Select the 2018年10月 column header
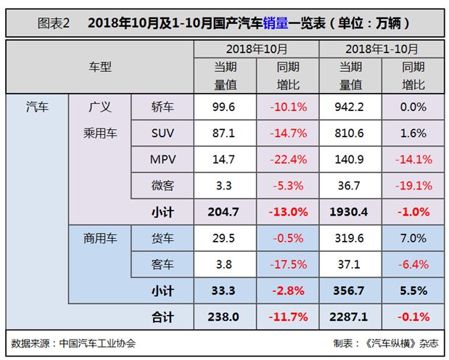[x=256, y=49]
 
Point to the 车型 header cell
[x=100, y=67]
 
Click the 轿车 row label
[x=162, y=107]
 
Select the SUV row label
[x=162, y=134]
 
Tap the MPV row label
[x=162, y=160]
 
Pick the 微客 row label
[x=162, y=186]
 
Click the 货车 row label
[x=162, y=238]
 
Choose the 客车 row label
[x=162, y=264]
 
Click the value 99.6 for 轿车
[x=225, y=107]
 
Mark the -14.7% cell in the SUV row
[x=287, y=134]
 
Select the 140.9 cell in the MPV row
[x=350, y=160]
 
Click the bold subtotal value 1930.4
[x=350, y=212]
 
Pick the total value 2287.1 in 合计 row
[x=350, y=316]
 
